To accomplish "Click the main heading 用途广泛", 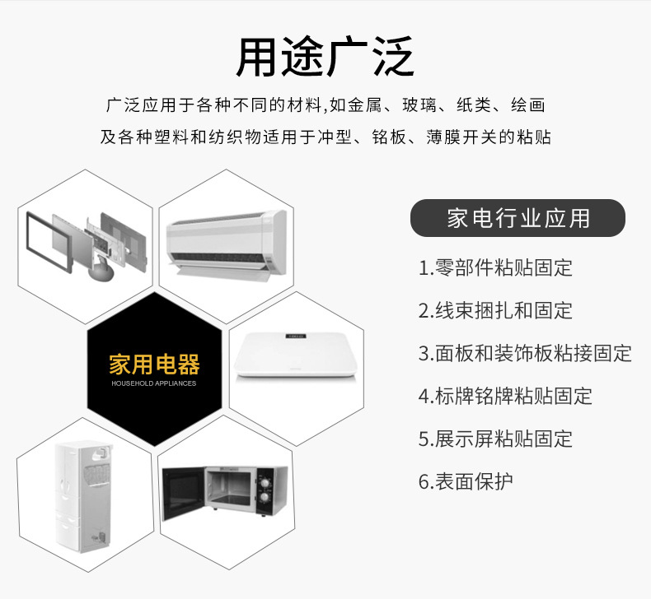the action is click(x=325, y=57).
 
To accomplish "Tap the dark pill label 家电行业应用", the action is click(x=518, y=218).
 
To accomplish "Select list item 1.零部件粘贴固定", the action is click(x=495, y=267).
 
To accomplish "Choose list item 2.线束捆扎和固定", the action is click(x=495, y=310).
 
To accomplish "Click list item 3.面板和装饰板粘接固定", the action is click(x=525, y=353).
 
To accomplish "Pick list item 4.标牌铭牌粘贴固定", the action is click(x=505, y=396).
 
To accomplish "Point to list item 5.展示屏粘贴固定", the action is click(x=495, y=439).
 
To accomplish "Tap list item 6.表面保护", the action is click(x=466, y=481).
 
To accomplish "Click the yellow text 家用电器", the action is click(x=154, y=365).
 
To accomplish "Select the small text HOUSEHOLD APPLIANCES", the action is click(x=153, y=383).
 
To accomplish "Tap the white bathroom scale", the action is click(x=296, y=355).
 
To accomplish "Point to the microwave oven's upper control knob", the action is click(x=264, y=482).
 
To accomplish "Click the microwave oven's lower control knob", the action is click(x=264, y=497).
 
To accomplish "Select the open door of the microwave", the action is click(x=182, y=494).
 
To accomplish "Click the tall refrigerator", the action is click(x=84, y=497).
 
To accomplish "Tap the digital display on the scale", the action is click(x=295, y=337).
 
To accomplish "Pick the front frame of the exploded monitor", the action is click(x=49, y=242).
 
